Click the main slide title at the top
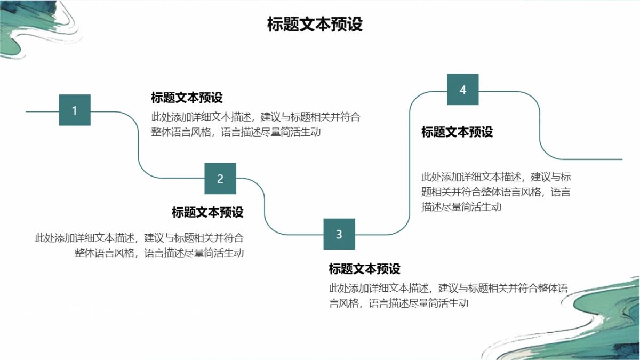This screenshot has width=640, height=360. click(x=315, y=24)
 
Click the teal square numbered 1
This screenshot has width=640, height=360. click(x=75, y=110)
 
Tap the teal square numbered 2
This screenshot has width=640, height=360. click(x=220, y=179)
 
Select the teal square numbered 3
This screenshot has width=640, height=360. click(x=339, y=234)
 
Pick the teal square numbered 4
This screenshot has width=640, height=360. click(x=463, y=90)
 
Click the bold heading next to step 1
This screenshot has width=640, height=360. click(x=187, y=98)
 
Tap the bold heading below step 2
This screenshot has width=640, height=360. click(x=207, y=212)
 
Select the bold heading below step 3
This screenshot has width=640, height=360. click(x=365, y=269)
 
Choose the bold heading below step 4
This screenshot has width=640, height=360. click(x=457, y=132)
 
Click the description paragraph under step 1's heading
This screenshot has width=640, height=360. click(x=255, y=125)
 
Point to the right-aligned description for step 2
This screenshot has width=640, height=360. click(x=139, y=245)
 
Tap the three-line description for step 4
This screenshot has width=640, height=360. click(x=496, y=191)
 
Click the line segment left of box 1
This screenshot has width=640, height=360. click(x=42, y=111)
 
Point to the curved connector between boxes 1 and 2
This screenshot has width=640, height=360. click(x=139, y=145)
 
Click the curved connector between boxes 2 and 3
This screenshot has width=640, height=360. click(x=265, y=206)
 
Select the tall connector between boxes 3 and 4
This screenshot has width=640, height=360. click(x=410, y=163)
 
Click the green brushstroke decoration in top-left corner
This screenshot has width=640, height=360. click(x=34, y=29)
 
